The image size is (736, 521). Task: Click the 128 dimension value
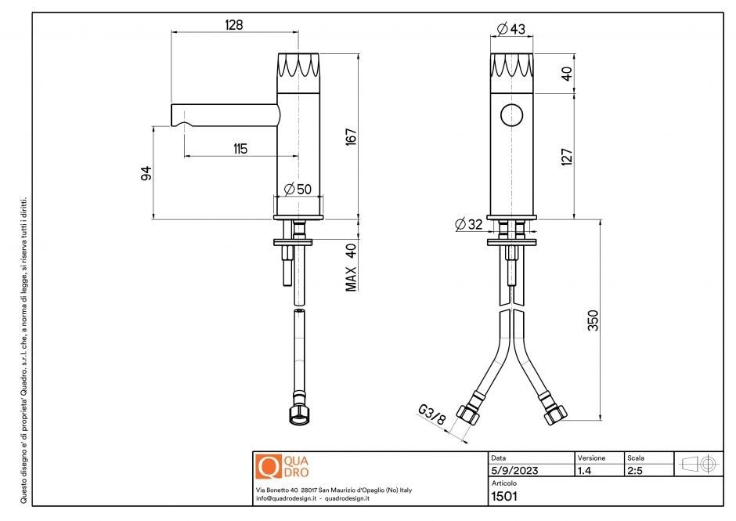(x=233, y=24)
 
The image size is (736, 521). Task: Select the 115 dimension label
(x=240, y=148)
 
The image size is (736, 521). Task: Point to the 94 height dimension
(x=146, y=173)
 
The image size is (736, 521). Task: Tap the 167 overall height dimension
(x=352, y=136)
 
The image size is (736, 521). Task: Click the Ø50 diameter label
(x=298, y=189)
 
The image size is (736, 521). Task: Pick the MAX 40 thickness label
(x=352, y=267)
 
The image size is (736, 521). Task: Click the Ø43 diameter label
(x=511, y=30)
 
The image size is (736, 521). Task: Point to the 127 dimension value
(x=568, y=156)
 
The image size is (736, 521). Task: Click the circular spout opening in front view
(x=512, y=114)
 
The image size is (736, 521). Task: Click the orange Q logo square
(x=268, y=466)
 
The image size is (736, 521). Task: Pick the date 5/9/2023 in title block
(x=513, y=471)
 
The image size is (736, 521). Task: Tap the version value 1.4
(x=584, y=471)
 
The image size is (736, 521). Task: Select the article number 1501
(x=504, y=495)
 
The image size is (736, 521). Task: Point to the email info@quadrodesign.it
(x=287, y=498)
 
